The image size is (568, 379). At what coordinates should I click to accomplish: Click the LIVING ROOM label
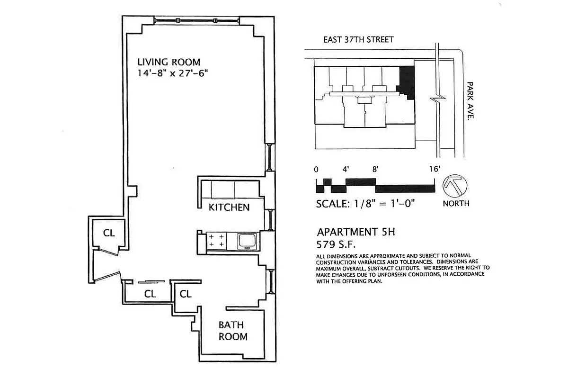[169, 62]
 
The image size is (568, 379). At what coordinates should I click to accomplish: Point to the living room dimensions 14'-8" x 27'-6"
[173, 73]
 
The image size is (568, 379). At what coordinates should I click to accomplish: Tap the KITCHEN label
[229, 208]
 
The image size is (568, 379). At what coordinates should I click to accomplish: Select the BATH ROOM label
[232, 331]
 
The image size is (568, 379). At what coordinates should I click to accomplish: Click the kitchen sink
[247, 241]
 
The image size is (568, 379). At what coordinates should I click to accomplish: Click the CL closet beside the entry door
[109, 233]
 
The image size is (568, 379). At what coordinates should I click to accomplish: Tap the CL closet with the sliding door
[150, 294]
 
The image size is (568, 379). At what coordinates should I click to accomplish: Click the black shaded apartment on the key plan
[407, 81]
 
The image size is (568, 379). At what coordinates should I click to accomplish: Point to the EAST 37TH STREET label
[358, 40]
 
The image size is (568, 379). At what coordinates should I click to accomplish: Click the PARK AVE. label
[470, 100]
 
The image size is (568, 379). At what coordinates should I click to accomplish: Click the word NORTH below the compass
[456, 203]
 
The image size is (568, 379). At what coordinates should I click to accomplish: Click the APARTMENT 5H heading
[355, 233]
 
